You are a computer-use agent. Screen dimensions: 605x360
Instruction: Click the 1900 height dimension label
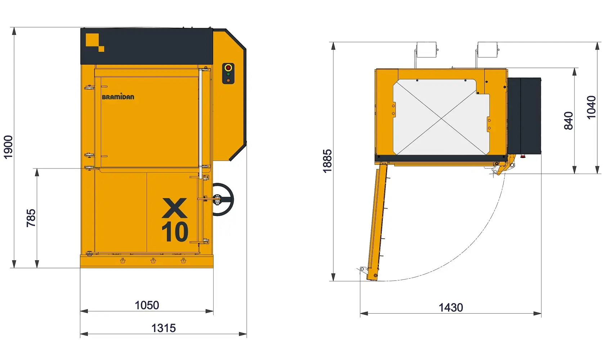click(8, 147)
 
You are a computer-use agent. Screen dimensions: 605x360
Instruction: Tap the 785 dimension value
click(31, 218)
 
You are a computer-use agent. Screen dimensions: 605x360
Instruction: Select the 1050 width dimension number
click(147, 305)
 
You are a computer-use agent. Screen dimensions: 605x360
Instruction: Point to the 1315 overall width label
click(163, 328)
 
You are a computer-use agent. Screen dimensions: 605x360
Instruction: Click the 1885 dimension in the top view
click(327, 161)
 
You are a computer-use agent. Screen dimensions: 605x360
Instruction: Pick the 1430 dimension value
click(451, 307)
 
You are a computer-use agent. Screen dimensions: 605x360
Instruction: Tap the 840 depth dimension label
click(569, 121)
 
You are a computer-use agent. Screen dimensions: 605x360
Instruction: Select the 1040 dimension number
click(591, 107)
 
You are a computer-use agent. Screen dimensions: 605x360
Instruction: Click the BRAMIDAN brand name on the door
click(118, 97)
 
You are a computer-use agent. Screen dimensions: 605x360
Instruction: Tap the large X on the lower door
click(174, 208)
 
